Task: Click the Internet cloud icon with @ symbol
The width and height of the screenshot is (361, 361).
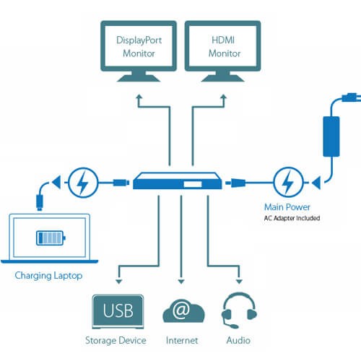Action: tap(180, 312)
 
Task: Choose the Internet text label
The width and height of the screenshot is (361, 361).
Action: tap(180, 340)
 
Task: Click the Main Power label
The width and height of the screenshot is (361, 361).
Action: tap(283, 206)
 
